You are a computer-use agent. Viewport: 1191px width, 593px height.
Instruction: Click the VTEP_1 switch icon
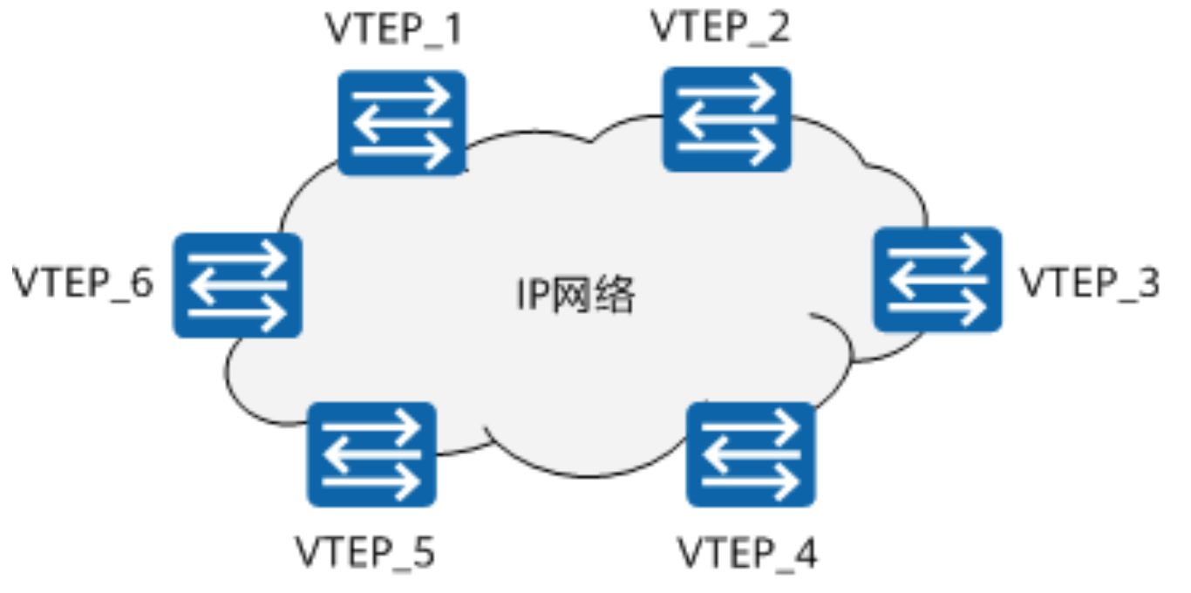[401, 123]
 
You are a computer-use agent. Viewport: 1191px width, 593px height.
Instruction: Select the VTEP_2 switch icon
[726, 119]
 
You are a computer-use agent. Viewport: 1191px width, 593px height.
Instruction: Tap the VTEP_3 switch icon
[937, 279]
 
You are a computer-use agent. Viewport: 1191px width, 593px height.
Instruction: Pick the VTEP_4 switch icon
[751, 453]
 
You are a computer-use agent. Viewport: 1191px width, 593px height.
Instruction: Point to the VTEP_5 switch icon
[371, 453]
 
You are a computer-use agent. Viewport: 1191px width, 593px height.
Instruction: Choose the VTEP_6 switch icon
[237, 285]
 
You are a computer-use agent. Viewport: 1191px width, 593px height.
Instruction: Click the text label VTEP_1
[393, 30]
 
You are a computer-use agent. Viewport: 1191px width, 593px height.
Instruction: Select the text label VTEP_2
[720, 27]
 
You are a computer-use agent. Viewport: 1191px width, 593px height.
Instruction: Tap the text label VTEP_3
[1090, 283]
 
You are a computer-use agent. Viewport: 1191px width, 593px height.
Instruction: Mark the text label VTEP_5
[364, 553]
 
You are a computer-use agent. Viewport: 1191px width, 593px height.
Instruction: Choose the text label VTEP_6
[83, 283]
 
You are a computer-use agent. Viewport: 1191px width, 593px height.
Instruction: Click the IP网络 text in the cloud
[575, 296]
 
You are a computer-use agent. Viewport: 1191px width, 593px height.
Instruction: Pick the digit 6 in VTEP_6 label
[143, 283]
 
